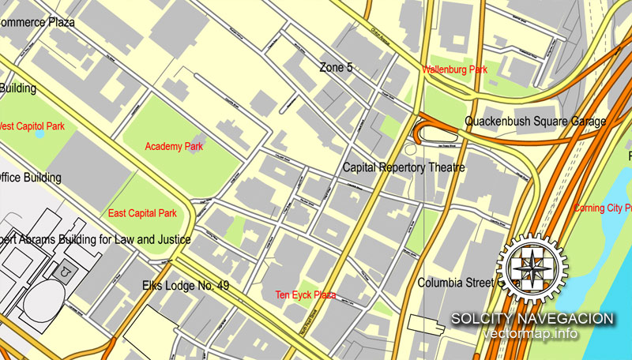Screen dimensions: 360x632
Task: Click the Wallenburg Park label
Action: pyautogui.click(x=454, y=70)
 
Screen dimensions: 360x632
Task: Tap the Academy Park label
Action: pyautogui.click(x=174, y=146)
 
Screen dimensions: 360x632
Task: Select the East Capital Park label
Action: pyautogui.click(x=142, y=213)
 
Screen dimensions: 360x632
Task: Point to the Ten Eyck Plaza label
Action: pyautogui.click(x=305, y=294)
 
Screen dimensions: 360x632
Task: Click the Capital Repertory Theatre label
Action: pyautogui.click(x=403, y=168)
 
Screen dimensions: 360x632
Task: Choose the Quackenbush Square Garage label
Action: pyautogui.click(x=535, y=122)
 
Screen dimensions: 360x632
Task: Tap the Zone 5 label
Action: pyautogui.click(x=336, y=68)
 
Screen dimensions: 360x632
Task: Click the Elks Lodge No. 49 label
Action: pyautogui.click(x=186, y=285)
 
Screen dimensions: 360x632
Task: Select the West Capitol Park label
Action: pyautogui.click(x=32, y=126)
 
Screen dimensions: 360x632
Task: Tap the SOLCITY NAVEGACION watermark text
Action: pyautogui.click(x=532, y=318)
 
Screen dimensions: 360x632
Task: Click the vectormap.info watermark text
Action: pyautogui.click(x=530, y=334)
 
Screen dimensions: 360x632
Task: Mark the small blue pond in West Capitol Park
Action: pyautogui.click(x=39, y=133)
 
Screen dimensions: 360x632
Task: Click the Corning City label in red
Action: pyautogui.click(x=602, y=208)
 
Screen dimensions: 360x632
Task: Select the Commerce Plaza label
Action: pyautogui.click(x=37, y=22)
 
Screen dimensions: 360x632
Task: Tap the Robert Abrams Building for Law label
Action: pyautogui.click(x=95, y=239)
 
